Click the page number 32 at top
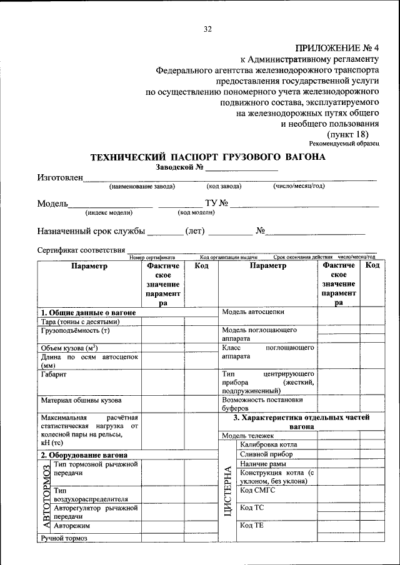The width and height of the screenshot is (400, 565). point(207,29)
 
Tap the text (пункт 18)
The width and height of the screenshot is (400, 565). point(347,134)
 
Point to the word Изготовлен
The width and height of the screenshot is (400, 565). point(60,179)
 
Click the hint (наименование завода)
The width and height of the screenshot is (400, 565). point(142,186)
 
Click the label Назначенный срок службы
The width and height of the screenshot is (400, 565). point(91,230)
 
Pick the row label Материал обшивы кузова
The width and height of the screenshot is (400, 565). point(81,400)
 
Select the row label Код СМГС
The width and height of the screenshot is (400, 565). point(257,491)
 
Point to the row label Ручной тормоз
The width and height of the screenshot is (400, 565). point(64,538)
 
